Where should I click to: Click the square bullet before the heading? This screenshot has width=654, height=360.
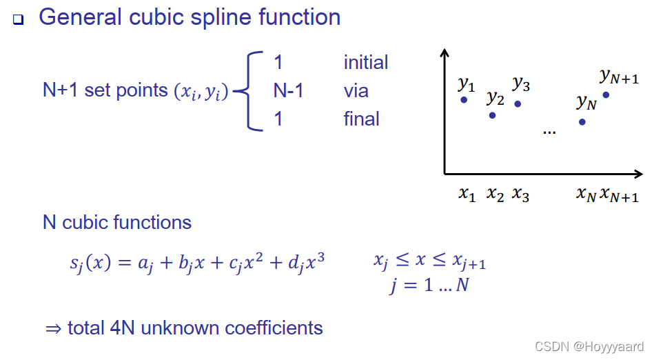tap(18, 20)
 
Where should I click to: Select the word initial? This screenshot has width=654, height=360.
tap(365, 62)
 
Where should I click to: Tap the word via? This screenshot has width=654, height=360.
tap(356, 90)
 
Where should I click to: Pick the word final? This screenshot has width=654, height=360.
tap(361, 119)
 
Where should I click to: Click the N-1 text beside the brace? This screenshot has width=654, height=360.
tap(288, 90)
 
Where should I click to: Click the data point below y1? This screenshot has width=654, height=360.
tap(464, 100)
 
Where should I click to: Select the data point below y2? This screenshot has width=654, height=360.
tap(492, 115)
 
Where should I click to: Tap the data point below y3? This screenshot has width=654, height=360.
tap(518, 104)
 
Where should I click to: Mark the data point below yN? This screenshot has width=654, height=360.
tap(582, 122)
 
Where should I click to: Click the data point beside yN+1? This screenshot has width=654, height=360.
tap(606, 94)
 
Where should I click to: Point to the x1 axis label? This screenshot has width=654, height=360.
tap(467, 194)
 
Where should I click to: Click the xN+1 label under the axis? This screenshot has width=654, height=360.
tap(619, 195)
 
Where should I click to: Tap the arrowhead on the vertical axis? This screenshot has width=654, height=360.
tap(445, 53)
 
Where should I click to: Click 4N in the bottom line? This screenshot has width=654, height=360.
tap(123, 328)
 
